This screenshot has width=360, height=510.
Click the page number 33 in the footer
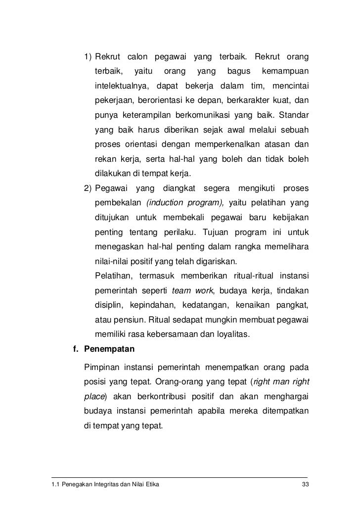(304, 484)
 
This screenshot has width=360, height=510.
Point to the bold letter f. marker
(76, 350)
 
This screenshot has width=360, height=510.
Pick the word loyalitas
(231, 334)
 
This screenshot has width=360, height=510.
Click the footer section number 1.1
(55, 484)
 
